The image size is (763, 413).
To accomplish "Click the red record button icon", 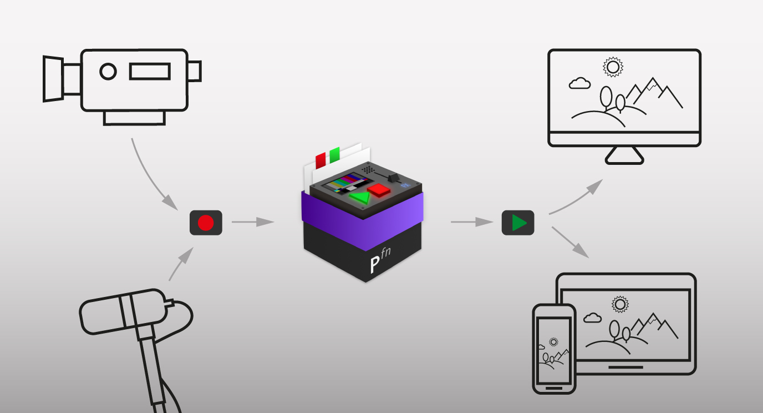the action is pyautogui.click(x=206, y=223).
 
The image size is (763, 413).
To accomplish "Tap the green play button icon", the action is pyautogui.click(x=518, y=223).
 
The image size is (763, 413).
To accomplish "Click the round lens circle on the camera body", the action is pyautogui.click(x=108, y=72).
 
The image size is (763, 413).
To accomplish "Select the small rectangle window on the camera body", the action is pyautogui.click(x=150, y=71).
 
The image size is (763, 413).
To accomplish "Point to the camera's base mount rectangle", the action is pyautogui.click(x=134, y=118).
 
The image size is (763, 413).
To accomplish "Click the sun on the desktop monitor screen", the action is pyautogui.click(x=613, y=67).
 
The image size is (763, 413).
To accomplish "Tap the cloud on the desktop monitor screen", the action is pyautogui.click(x=579, y=83).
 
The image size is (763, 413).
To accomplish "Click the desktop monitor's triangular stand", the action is pyautogui.click(x=624, y=156).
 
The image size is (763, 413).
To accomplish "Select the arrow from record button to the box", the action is pyautogui.click(x=253, y=222).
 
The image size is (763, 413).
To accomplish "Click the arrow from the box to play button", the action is pyautogui.click(x=472, y=222).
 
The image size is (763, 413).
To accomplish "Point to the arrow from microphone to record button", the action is pyautogui.click(x=181, y=264).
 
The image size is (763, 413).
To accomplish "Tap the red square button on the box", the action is pyautogui.click(x=379, y=190).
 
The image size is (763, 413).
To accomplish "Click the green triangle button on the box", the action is pyautogui.click(x=360, y=198).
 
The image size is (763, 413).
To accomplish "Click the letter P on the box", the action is pyautogui.click(x=375, y=264).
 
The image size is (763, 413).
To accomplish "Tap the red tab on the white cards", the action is pyautogui.click(x=321, y=160).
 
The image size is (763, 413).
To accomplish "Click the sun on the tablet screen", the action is pyautogui.click(x=619, y=304).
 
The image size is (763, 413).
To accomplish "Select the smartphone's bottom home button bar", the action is pyautogui.click(x=554, y=388).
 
